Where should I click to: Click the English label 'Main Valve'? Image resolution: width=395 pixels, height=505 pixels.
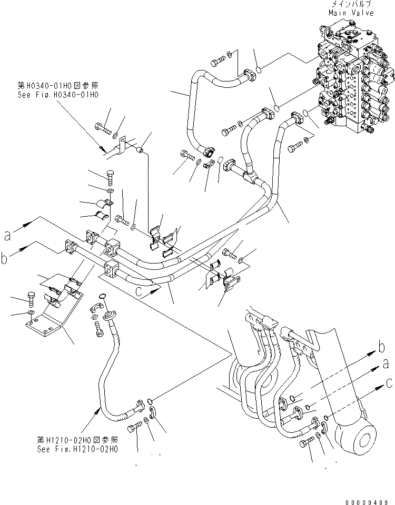point(352,13)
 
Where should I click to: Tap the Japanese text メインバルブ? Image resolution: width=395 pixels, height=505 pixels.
point(352,4)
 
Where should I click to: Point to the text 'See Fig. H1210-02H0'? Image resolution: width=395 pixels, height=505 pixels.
point(77,449)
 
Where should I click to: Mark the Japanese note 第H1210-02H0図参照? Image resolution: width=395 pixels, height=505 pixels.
point(77,440)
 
